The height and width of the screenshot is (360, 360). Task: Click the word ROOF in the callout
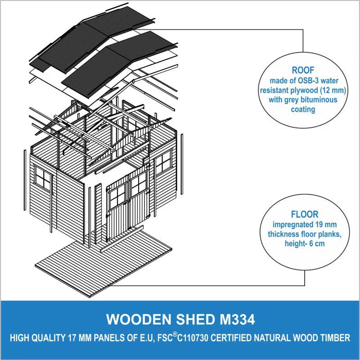click(303, 70)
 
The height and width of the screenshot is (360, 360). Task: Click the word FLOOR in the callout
click(305, 215)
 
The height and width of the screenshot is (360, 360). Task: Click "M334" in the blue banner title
click(238, 319)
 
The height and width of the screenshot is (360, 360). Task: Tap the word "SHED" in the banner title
click(195, 319)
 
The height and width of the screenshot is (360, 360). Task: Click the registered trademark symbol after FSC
click(175, 334)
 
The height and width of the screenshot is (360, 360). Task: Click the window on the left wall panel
click(43, 178)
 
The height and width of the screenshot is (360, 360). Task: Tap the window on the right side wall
click(163, 162)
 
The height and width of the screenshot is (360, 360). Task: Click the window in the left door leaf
click(117, 196)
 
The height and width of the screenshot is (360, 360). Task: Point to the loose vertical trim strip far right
click(182, 164)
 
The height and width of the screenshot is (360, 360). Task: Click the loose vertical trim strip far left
click(25, 180)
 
